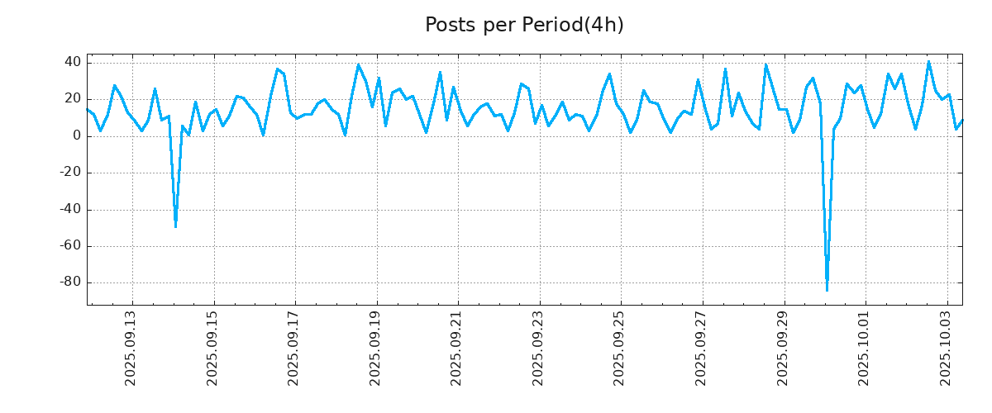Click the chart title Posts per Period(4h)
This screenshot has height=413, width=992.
click(524, 26)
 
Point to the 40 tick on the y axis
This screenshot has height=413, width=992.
click(72, 63)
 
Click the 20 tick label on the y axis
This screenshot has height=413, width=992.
click(72, 99)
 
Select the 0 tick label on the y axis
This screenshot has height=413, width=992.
click(76, 136)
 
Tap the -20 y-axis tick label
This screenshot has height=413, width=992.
click(69, 173)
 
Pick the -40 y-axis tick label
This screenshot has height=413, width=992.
click(69, 209)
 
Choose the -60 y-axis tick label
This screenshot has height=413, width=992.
click(69, 246)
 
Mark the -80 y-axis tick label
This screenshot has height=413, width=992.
click(69, 282)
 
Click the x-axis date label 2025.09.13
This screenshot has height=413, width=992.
click(131, 348)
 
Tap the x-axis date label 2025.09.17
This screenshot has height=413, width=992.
click(293, 348)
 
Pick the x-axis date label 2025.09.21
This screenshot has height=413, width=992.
click(456, 348)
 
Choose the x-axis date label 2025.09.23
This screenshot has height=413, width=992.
click(538, 348)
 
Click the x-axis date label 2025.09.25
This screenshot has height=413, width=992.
click(619, 348)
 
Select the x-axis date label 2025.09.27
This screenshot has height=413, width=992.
click(701, 348)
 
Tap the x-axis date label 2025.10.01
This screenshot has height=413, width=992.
click(864, 348)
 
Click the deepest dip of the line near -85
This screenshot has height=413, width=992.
click(827, 290)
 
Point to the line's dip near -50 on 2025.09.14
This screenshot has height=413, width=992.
click(175, 225)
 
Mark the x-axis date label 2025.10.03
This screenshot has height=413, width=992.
click(946, 348)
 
